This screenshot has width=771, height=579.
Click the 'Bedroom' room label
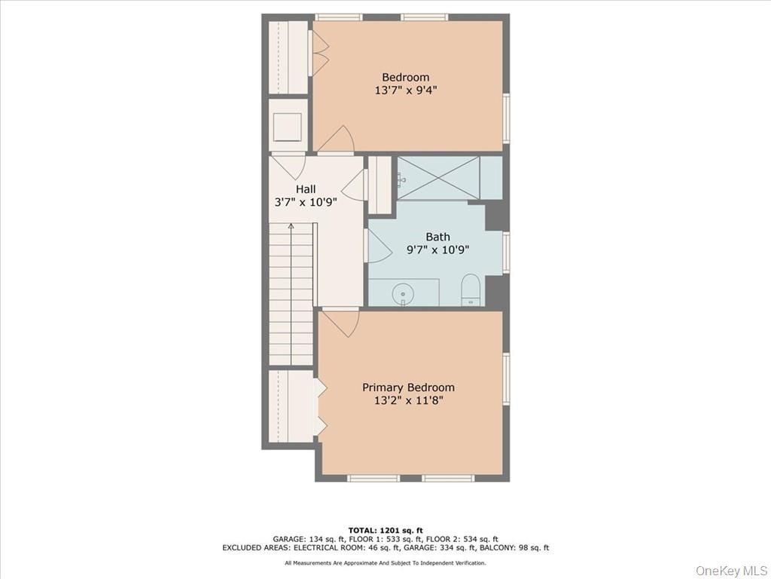coord(405,77)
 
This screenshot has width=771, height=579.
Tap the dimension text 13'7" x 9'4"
coord(405,90)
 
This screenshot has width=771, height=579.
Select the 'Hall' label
coord(306,189)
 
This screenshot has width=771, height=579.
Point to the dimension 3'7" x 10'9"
coord(306,203)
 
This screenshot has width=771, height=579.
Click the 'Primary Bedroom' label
coord(408,388)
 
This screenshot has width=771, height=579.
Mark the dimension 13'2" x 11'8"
coord(408,401)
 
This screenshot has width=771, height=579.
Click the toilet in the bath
coord(471,289)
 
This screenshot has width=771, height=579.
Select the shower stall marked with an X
coord(438,178)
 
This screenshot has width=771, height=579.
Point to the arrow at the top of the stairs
coord(291,226)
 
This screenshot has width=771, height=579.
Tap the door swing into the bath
coord(378,246)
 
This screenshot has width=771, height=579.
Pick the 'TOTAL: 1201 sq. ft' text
coord(385,529)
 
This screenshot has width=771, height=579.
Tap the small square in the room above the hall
coord(287,126)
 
